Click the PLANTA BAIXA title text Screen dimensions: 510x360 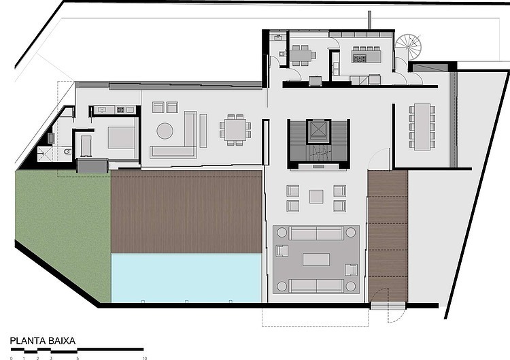43,341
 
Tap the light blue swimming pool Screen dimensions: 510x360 186,278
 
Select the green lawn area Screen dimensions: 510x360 63,228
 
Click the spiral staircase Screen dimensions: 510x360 408,46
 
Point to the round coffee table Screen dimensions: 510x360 165,131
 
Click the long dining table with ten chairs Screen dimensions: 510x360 422,127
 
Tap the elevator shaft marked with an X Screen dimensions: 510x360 316,131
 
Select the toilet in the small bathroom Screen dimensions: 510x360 67,152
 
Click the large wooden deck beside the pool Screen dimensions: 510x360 186,212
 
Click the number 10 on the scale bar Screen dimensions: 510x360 144,358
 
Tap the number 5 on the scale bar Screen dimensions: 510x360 78,358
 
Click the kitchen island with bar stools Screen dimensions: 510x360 367,55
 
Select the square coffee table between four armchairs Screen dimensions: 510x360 316,197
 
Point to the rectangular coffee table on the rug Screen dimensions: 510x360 316,260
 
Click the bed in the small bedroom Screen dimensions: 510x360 121,137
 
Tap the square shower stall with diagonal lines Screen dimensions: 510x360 45,154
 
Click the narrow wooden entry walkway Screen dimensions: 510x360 388,236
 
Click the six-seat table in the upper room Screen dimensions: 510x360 302,54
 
